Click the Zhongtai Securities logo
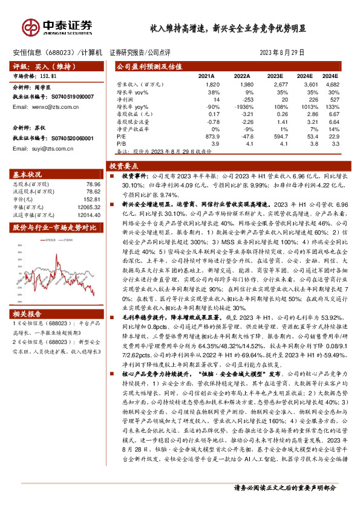58,27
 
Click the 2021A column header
207,77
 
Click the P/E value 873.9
211,136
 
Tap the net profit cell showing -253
242,99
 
